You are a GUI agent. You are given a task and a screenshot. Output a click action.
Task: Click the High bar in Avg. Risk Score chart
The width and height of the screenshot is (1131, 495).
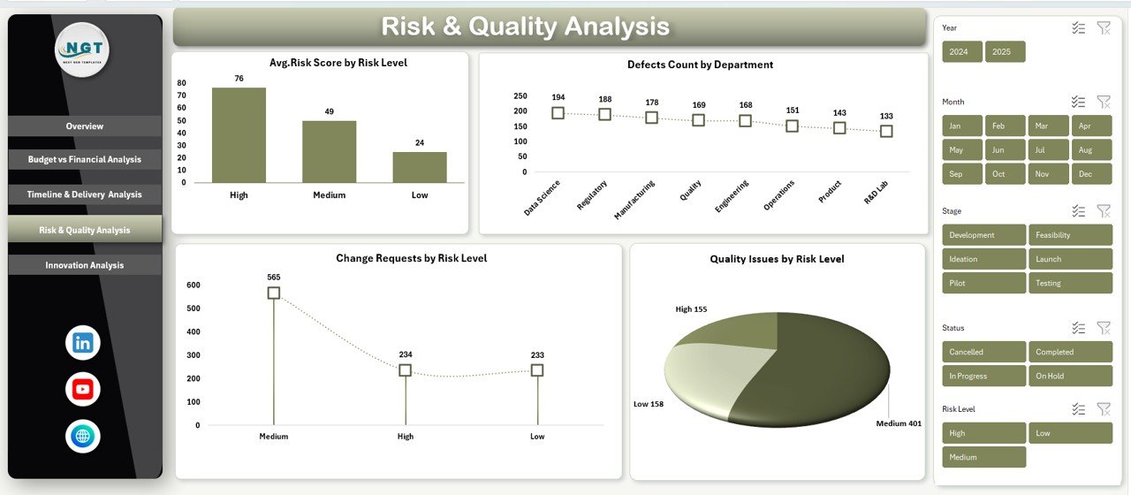[239, 134]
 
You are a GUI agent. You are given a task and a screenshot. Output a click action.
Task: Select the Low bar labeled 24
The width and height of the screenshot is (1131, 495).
[420, 167]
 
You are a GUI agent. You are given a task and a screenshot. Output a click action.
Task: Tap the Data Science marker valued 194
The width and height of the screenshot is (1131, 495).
[558, 113]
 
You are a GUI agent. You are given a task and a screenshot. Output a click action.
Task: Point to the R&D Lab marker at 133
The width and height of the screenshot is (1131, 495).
[886, 131]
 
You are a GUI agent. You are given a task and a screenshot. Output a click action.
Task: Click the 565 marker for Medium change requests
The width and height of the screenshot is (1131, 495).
[274, 293]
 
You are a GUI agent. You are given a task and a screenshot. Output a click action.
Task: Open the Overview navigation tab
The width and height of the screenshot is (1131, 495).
[85, 126]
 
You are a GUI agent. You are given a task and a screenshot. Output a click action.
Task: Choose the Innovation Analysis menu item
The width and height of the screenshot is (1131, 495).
[85, 265]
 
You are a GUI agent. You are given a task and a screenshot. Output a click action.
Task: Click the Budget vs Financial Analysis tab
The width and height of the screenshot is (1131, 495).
[85, 160]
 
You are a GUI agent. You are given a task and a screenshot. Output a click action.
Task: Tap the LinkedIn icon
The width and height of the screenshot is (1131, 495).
[83, 343]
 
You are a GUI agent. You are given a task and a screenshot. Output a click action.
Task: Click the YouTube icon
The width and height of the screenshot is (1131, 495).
[83, 389]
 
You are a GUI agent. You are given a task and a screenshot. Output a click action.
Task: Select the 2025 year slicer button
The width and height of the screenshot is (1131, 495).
[1005, 52]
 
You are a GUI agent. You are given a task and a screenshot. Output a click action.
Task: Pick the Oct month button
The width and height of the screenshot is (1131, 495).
[1005, 174]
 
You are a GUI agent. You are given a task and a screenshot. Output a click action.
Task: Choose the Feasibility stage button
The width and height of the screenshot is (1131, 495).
[1070, 235]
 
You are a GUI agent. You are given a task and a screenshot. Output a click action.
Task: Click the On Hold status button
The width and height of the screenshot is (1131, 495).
[1070, 376]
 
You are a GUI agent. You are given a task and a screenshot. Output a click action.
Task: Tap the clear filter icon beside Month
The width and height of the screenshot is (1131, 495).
[1103, 102]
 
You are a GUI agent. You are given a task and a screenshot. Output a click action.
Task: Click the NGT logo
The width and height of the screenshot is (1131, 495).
[82, 50]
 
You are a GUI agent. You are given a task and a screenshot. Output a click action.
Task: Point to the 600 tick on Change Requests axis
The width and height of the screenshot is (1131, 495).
[194, 285]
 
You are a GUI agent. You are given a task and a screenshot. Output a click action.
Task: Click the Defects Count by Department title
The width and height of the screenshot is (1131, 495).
[700, 65]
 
